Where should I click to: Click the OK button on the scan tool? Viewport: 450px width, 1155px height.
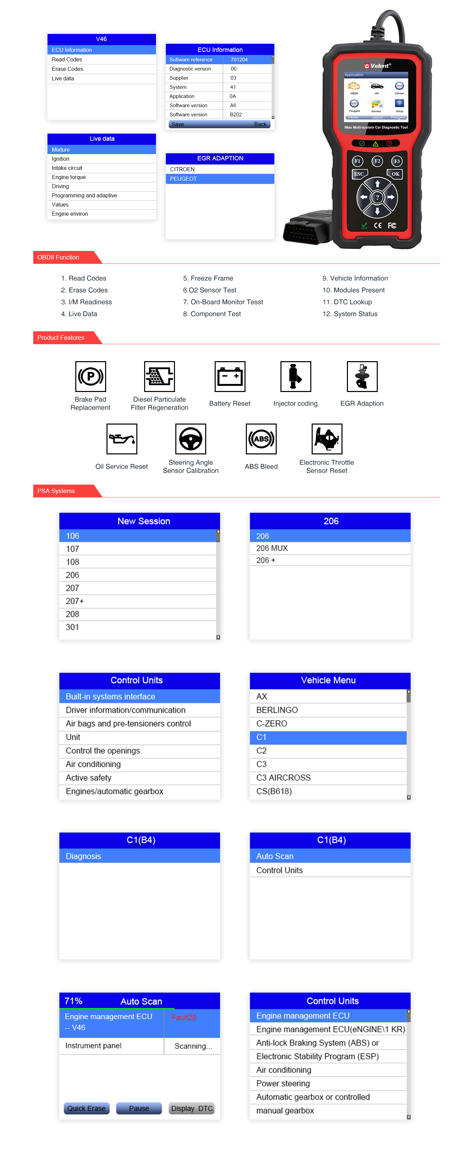coord(394,174)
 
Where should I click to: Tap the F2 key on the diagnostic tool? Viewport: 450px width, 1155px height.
coord(377,161)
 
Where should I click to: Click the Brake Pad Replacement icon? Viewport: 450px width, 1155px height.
coord(91,377)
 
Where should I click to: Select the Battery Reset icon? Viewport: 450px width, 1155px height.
coord(230,377)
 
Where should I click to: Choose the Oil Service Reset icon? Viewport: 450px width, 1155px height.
coord(121,439)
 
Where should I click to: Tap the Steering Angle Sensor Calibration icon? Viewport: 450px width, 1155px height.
coord(191,439)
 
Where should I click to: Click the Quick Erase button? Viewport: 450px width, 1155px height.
coord(86,1108)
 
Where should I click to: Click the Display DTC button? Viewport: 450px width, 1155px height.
coord(192,1108)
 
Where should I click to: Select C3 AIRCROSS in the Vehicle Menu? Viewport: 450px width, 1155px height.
coord(283,778)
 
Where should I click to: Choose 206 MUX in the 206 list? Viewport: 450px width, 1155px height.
coord(272,548)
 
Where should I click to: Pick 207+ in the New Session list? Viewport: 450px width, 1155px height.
coord(75,601)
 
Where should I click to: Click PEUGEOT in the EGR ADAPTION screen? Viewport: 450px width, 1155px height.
coord(184,179)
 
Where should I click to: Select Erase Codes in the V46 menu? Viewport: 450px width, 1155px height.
coord(68,69)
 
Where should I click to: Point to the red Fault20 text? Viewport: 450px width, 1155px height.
coord(184,1018)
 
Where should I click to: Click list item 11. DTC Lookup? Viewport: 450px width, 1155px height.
coord(347,302)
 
